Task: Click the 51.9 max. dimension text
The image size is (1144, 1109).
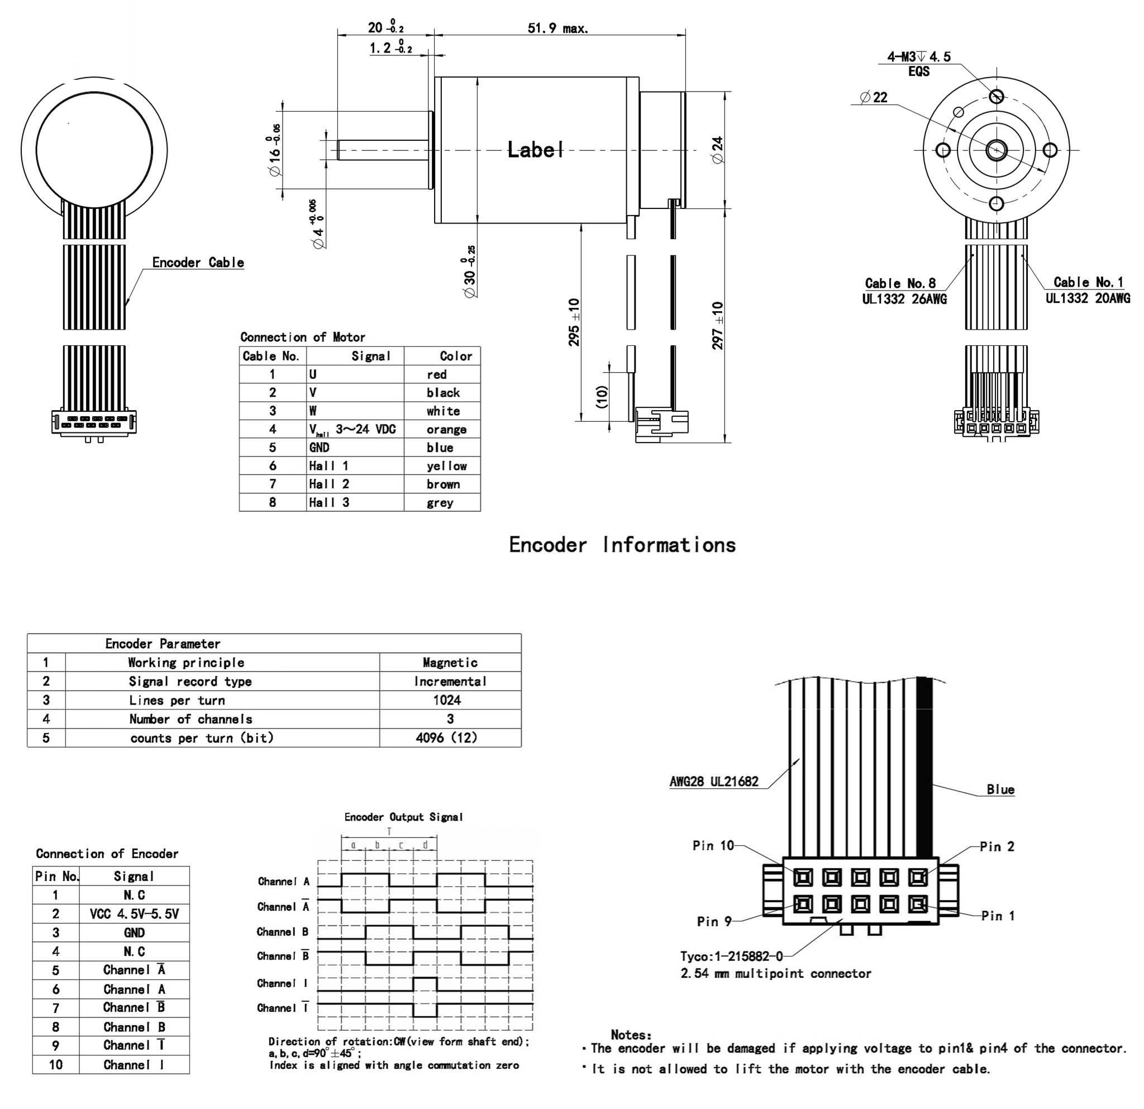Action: point(557,28)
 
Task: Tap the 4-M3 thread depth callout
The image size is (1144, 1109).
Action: point(919,57)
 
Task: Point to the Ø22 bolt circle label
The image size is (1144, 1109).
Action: point(874,97)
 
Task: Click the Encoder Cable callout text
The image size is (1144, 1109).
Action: point(198,263)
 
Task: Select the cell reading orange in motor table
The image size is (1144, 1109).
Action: point(446,430)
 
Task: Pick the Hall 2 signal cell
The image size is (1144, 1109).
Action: point(329,484)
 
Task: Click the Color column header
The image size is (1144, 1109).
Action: point(455,356)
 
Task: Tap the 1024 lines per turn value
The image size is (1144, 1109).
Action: point(447,700)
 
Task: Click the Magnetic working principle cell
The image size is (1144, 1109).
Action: point(450,663)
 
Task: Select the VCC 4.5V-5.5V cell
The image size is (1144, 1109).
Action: point(134,914)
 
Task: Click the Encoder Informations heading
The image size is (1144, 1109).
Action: point(622,545)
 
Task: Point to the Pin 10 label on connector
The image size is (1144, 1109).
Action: point(713,846)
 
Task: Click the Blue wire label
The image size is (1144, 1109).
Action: point(1000,790)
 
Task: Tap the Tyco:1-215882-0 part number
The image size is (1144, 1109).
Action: point(731,956)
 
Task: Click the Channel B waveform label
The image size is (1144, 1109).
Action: point(283,932)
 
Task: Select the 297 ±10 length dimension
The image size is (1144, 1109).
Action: point(718,325)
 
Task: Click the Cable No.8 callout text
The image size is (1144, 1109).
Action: point(900,283)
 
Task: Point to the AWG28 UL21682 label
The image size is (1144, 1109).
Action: point(714,782)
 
